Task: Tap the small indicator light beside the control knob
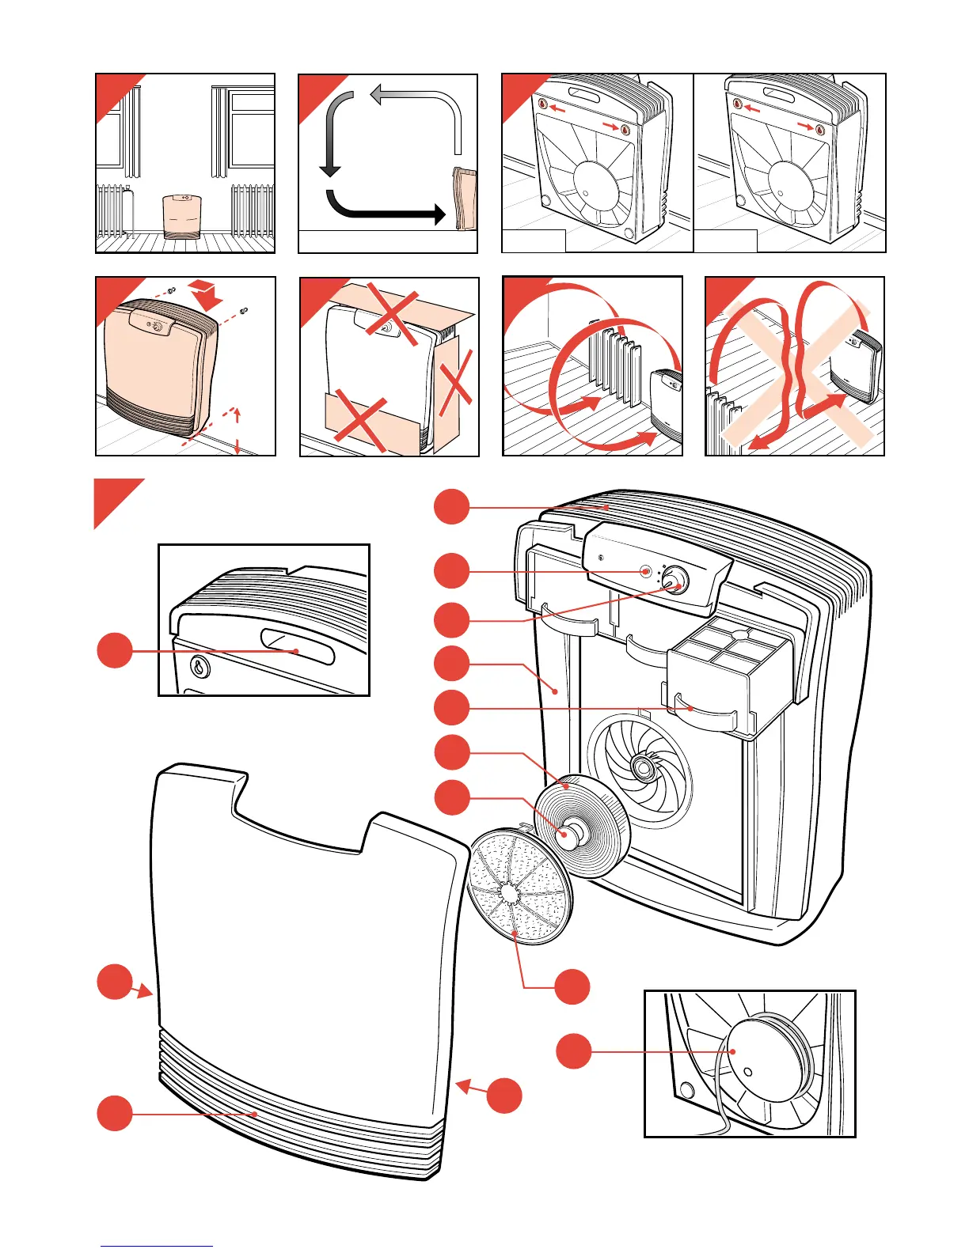click(646, 571)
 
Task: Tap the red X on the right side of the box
click(454, 388)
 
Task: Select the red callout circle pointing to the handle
click(115, 650)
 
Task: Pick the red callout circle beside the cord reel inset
click(573, 1051)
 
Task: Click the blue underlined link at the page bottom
click(157, 1246)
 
